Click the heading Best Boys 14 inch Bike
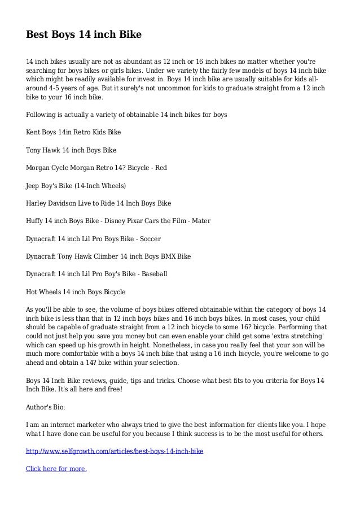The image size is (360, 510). coord(84,35)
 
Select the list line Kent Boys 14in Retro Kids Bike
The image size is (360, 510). coord(73,133)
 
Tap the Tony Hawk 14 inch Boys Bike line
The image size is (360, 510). coord(71,150)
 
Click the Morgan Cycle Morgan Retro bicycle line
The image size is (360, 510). coord(96,168)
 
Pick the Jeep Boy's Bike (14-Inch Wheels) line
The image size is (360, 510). coord(76,185)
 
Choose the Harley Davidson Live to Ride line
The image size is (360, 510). coord(99,203)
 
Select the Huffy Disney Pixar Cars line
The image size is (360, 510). coord(118,221)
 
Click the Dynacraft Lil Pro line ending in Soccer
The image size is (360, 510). coord(94,238)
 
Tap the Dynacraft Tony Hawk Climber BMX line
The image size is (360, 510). coord(108,256)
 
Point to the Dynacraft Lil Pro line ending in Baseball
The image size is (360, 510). coord(97,274)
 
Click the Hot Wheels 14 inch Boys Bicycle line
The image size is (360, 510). coord(76,292)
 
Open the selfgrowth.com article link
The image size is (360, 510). coord(115,452)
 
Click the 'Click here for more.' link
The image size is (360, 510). coord(56,469)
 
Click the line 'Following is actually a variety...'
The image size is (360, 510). coord(126,115)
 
